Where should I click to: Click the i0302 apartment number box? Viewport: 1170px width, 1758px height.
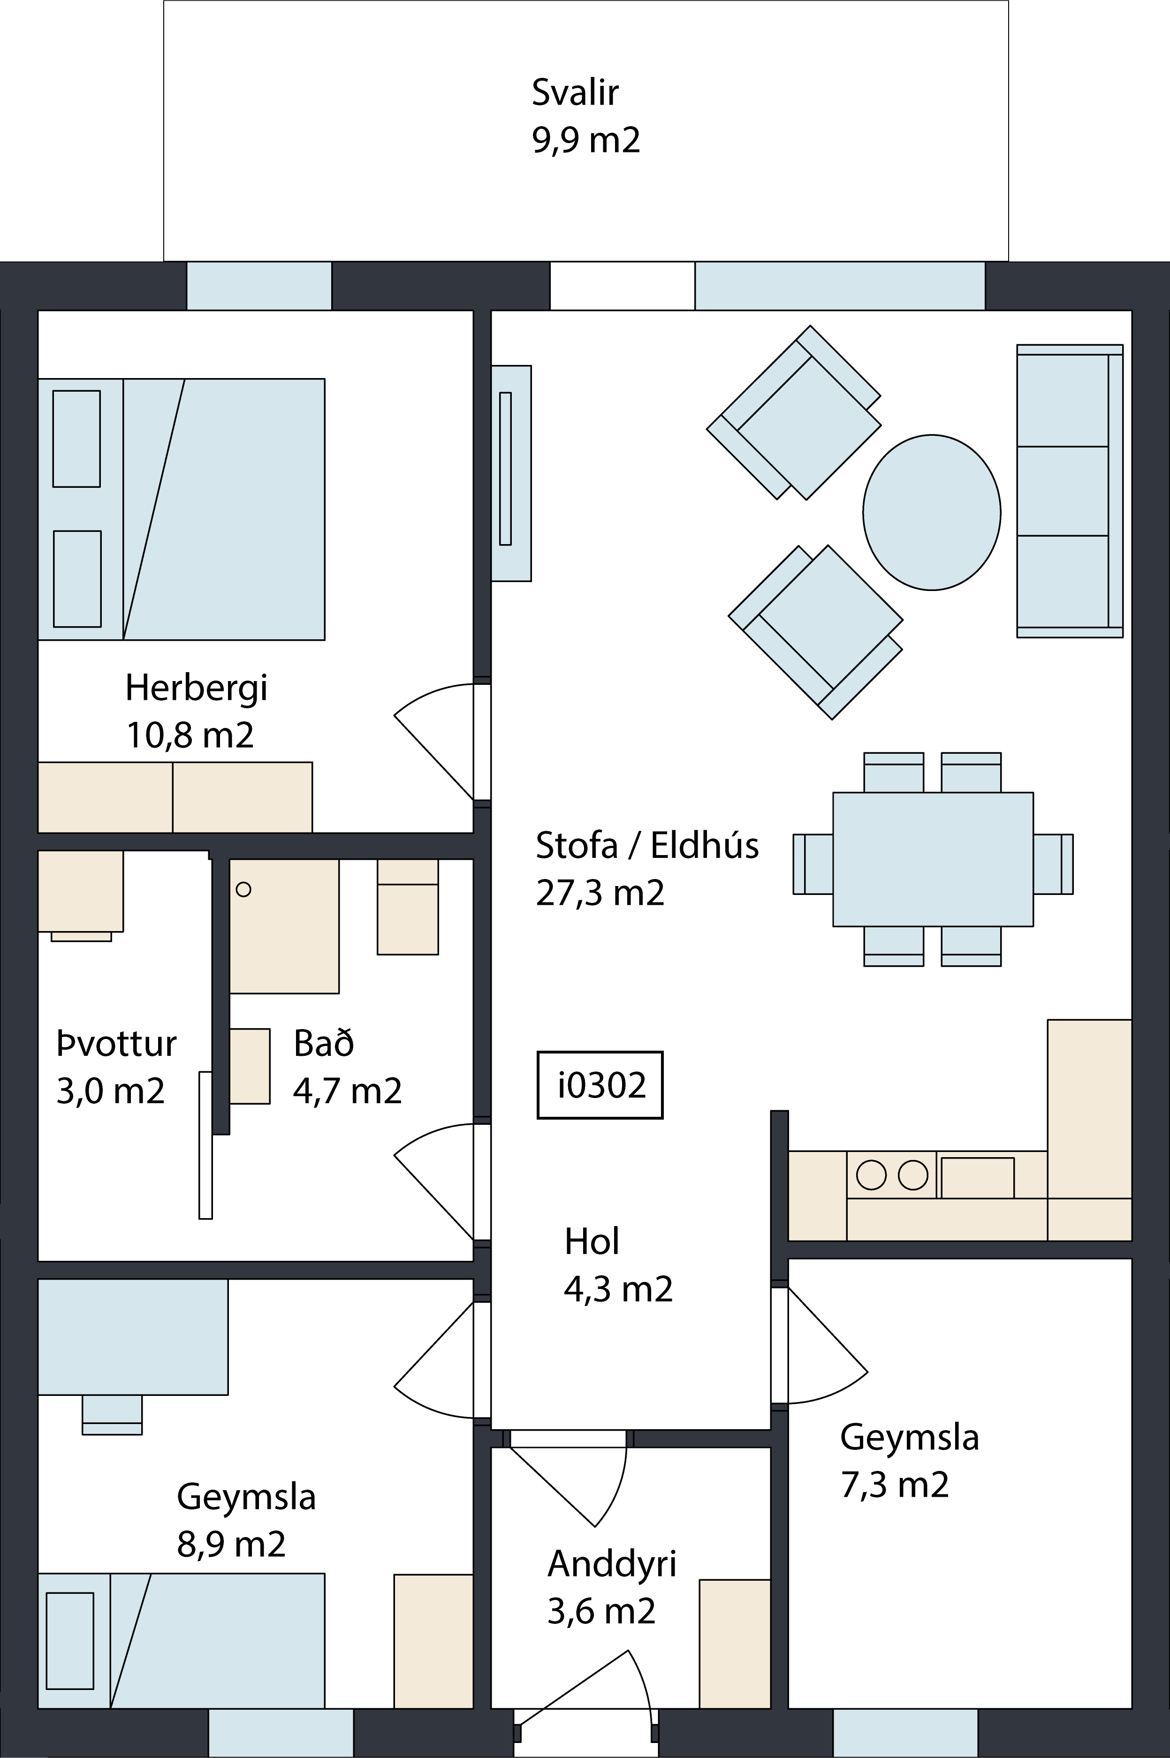[x=600, y=1085]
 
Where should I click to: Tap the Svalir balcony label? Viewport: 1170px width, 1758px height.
[x=575, y=92]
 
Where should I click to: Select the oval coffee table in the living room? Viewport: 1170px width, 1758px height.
[x=932, y=512]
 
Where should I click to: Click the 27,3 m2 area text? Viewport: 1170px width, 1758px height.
[x=600, y=893]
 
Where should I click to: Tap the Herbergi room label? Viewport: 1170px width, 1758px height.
[x=196, y=688]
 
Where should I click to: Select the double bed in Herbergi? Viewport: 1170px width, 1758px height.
[x=182, y=509]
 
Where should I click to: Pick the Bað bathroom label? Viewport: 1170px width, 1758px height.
[x=324, y=1044]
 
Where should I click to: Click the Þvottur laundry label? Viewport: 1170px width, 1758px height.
[x=116, y=1044]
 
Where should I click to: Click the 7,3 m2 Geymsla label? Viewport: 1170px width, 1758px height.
[x=895, y=1484]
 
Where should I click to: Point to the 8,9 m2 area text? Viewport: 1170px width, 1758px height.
[x=231, y=1544]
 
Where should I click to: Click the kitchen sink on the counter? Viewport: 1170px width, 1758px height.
[x=978, y=1178]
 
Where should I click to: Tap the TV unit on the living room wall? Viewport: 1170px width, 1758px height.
[x=511, y=473]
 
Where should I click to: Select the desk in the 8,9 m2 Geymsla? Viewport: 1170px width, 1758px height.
[x=133, y=1337]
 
